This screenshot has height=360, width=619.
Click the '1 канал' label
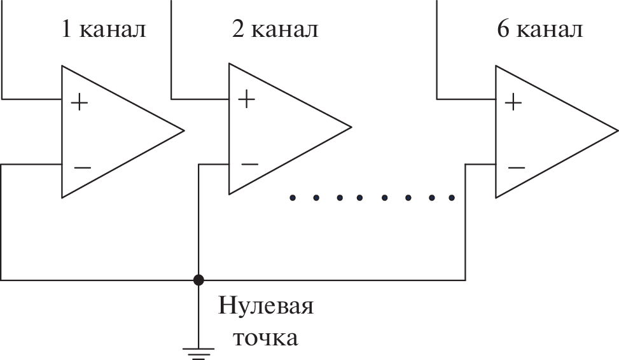click(102, 29)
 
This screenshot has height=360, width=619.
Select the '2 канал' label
click(274, 29)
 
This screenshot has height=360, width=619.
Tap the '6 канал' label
click(539, 29)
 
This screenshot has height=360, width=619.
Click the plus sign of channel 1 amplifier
click(80, 102)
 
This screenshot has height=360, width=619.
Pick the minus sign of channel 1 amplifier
click(82, 168)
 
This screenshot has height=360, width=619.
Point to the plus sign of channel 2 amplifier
click(246, 99)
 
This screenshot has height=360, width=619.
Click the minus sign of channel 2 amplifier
click(249, 164)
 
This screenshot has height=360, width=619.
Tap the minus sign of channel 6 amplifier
click(516, 168)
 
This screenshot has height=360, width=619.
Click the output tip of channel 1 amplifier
click(183, 130)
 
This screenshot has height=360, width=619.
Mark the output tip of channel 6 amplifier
click(617, 132)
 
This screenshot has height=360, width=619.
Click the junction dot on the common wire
click(199, 279)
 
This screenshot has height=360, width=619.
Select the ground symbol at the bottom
click(198, 349)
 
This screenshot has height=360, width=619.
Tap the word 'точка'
click(265, 337)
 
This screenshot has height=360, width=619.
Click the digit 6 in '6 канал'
click(503, 29)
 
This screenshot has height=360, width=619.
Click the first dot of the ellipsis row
click(293, 198)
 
